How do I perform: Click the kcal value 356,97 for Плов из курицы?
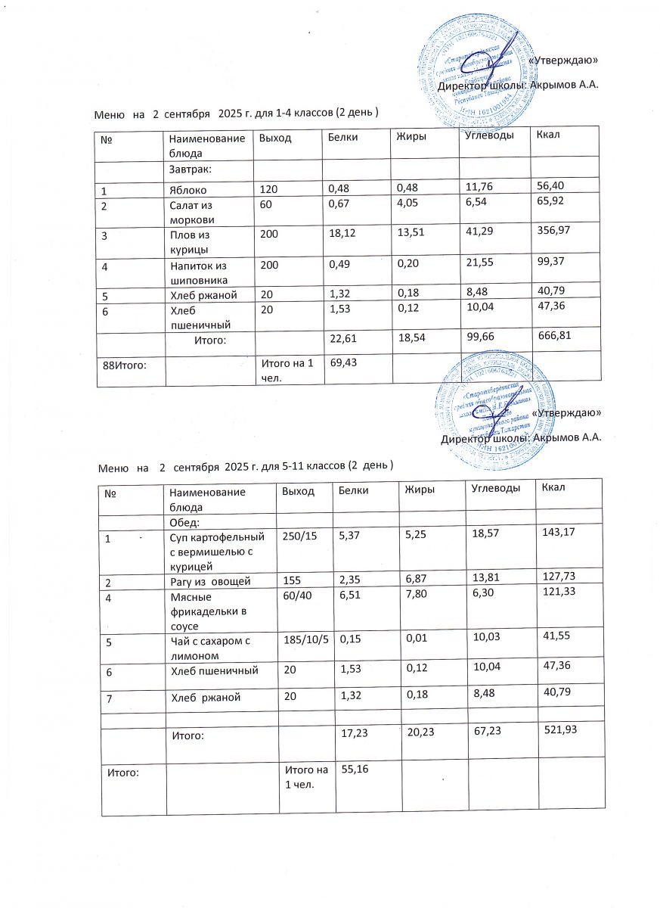(x=553, y=236)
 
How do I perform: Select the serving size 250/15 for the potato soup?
(x=301, y=536)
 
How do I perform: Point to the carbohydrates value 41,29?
(x=485, y=236)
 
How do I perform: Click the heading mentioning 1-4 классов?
(x=236, y=113)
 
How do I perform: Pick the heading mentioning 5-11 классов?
(x=246, y=464)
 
